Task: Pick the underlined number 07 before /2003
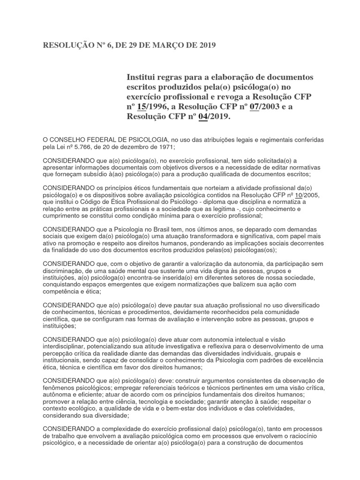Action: point(255,107)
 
